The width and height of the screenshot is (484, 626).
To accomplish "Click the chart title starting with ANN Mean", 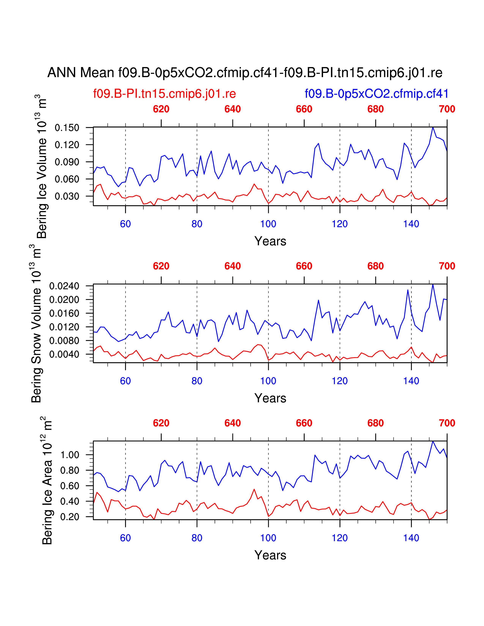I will click(x=245, y=72).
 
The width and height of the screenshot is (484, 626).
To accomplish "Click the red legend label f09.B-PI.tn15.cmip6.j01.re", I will click(x=164, y=94).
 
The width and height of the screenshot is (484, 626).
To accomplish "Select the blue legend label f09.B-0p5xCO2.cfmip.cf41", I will click(x=376, y=94).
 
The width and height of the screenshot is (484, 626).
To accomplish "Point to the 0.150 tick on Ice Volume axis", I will click(x=67, y=128).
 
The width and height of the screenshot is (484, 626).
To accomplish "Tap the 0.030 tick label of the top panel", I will click(x=67, y=196).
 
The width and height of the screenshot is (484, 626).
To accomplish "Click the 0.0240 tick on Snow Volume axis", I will click(x=64, y=286).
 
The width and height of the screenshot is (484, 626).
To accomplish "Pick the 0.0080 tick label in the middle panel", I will click(x=64, y=341).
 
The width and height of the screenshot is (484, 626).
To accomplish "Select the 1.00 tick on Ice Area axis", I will click(x=70, y=455).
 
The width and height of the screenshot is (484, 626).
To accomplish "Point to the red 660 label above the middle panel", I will click(x=304, y=266).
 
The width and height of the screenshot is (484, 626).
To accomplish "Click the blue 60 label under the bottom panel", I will click(x=125, y=538).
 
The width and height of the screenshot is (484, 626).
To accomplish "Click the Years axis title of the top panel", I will click(x=270, y=241).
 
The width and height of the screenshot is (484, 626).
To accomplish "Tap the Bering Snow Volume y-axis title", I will click(x=37, y=324).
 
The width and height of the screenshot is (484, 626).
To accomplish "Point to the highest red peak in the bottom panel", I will click(x=254, y=489).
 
